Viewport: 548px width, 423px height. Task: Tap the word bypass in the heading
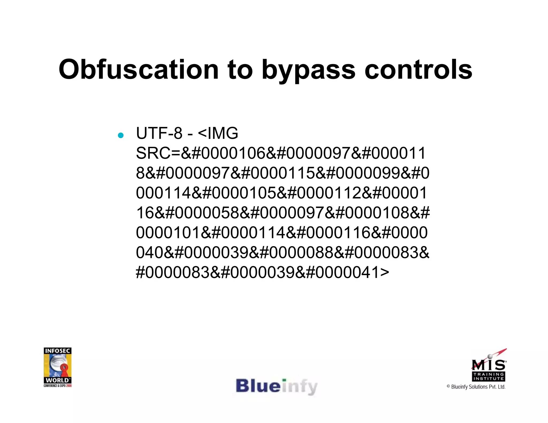click(309, 70)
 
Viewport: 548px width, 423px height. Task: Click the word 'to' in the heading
click(240, 70)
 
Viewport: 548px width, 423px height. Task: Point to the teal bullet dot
click(121, 135)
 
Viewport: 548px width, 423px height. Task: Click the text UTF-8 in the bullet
click(159, 133)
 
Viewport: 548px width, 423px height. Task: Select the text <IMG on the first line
click(218, 133)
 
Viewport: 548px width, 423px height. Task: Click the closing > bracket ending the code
click(384, 272)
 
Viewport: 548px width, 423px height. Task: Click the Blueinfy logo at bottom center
click(276, 387)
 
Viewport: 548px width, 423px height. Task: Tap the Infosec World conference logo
click(58, 367)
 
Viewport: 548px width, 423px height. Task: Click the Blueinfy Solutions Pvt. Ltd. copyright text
click(478, 387)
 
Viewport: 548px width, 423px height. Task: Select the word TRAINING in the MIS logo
click(489, 374)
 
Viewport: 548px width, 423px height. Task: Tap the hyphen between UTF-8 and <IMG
click(190, 134)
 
